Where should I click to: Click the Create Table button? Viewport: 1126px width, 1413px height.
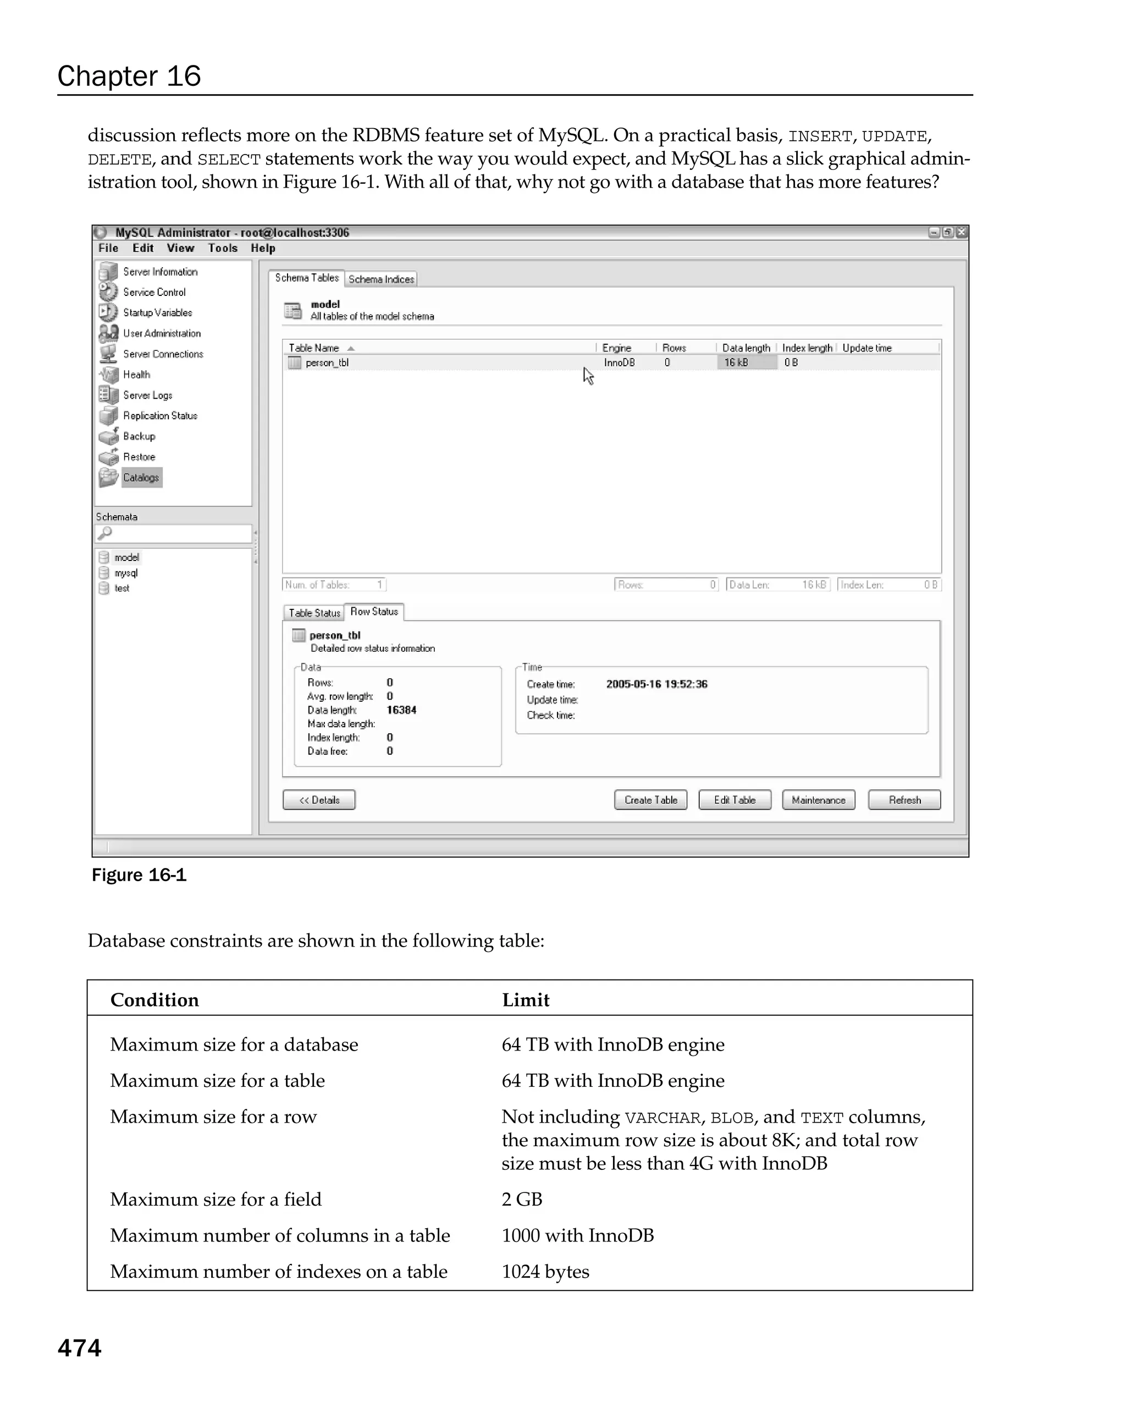(650, 800)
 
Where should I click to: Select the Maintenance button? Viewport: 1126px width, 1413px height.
(818, 800)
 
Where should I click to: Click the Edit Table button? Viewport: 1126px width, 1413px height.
(735, 800)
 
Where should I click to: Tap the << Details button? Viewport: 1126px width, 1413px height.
(319, 800)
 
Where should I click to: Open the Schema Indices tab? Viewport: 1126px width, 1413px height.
(381, 279)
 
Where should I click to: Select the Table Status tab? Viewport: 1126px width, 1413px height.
(314, 613)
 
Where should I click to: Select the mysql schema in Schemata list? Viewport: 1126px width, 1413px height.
(126, 573)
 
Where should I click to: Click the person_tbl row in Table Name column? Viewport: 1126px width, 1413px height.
(327, 363)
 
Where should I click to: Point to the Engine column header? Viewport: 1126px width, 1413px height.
(616, 348)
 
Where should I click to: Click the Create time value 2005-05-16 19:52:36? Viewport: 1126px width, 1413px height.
(656, 684)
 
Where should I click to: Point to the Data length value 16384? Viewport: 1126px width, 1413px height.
(401, 710)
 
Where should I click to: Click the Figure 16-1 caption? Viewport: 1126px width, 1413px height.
(139, 875)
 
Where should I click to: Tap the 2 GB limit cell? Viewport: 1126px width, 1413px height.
(522, 1200)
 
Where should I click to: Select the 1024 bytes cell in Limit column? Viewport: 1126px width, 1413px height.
(545, 1272)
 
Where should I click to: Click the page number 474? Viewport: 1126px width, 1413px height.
(79, 1348)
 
